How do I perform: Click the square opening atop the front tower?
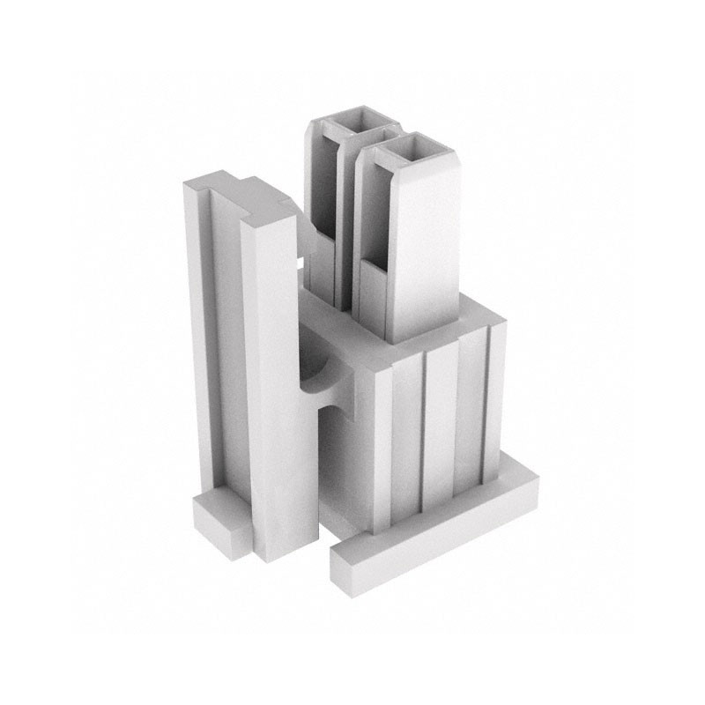[412, 152]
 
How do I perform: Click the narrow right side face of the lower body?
[493, 397]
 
